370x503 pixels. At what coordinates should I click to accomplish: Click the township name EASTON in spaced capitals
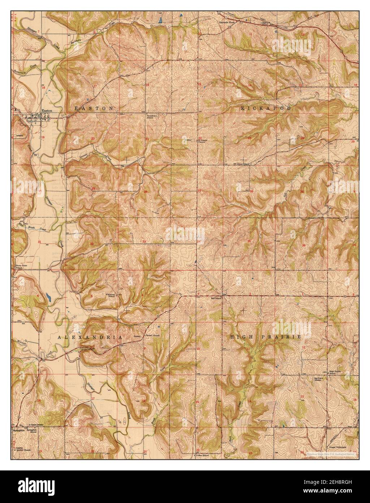(x=94, y=108)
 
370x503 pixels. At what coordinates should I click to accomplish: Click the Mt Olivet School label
(x=242, y=164)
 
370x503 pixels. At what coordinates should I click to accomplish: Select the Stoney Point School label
(x=22, y=267)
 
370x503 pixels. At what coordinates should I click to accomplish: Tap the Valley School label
(x=203, y=455)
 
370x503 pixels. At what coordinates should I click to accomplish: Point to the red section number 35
(x=249, y=241)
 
